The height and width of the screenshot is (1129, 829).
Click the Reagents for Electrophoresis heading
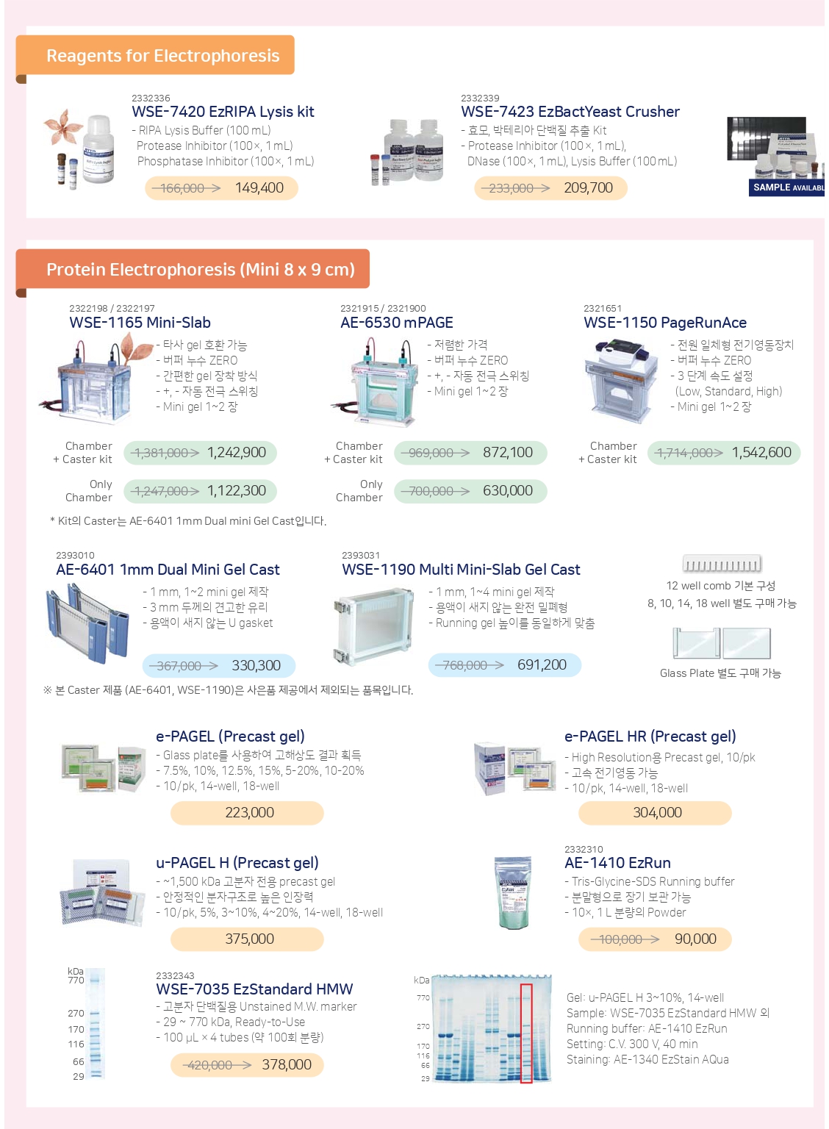point(162,55)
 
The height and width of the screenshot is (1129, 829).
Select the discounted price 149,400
point(259,188)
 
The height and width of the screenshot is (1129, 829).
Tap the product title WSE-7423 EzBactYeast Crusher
point(570,112)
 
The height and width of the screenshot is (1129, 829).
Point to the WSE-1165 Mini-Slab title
point(140,322)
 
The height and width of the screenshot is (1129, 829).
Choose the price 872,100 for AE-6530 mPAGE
point(508,452)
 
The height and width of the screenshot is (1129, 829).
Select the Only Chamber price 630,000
point(508,490)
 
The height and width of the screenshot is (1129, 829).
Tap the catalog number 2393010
point(75,556)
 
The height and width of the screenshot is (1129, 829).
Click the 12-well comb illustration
point(722,564)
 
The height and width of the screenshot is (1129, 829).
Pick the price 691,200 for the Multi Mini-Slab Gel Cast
point(542,664)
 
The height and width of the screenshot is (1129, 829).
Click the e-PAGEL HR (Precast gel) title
point(650,736)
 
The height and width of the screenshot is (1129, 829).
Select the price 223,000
point(249,812)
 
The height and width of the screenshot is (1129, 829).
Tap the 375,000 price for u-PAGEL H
point(249,939)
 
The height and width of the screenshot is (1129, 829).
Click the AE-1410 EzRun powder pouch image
point(513,892)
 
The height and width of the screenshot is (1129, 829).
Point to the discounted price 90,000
point(695,939)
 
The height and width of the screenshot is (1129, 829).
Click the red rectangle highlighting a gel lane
point(526,1033)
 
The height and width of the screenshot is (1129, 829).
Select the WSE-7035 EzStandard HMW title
point(254,989)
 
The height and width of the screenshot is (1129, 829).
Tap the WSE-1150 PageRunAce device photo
point(622,381)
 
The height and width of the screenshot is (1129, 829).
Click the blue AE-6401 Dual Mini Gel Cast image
point(87,623)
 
